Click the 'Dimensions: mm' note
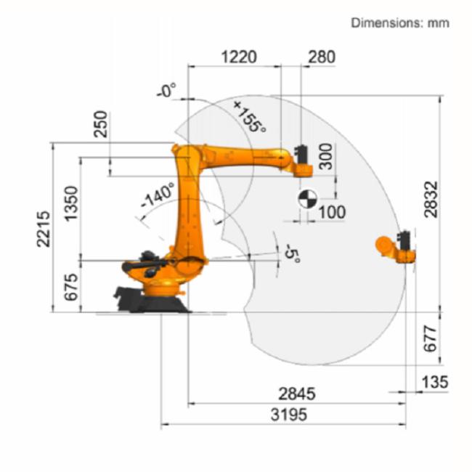[400, 23]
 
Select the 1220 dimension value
[239, 57]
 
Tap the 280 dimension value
[322, 57]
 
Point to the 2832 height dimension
[431, 199]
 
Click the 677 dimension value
[430, 338]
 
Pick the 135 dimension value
[435, 382]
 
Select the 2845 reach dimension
[297, 394]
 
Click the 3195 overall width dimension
[289, 415]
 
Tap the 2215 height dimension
[44, 229]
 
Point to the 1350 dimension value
[72, 204]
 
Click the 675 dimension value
[72, 287]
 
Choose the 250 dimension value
[100, 124]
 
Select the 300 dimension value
[326, 157]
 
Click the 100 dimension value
[332, 213]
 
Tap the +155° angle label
[250, 117]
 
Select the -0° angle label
[166, 90]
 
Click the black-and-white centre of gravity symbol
[308, 199]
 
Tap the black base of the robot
[150, 300]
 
